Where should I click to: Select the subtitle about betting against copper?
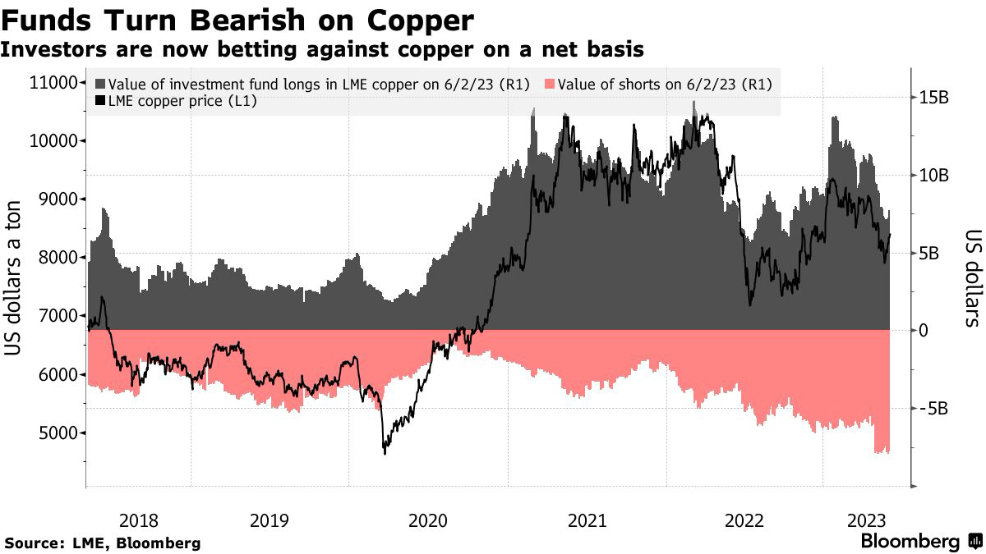click(322, 50)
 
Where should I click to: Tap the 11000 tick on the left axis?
click(53, 82)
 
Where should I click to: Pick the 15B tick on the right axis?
click(933, 98)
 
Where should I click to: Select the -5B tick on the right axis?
click(933, 408)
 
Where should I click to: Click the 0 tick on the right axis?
click(923, 330)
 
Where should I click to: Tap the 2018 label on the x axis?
click(138, 520)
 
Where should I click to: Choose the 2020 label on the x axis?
click(427, 520)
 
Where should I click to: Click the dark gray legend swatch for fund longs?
click(101, 85)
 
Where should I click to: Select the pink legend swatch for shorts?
click(550, 85)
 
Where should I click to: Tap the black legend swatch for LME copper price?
click(101, 101)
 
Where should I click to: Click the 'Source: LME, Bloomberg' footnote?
click(103, 543)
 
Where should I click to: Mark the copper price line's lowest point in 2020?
click(385, 452)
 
